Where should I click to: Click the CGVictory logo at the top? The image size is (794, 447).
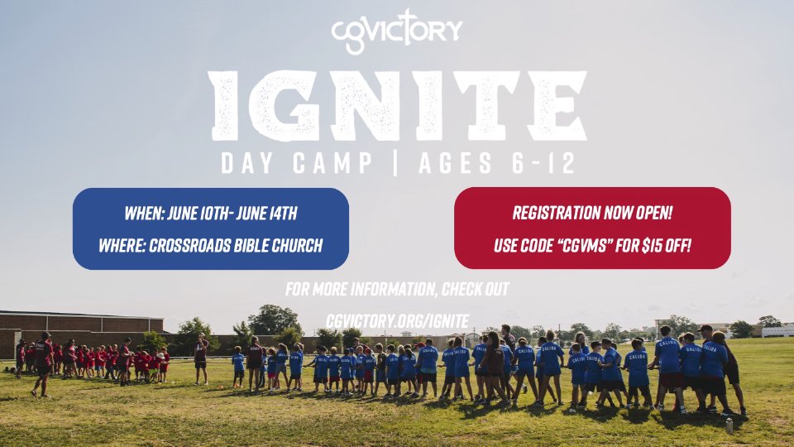[396, 31]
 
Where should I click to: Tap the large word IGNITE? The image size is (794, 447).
[399, 105]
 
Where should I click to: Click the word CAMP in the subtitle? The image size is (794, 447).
[332, 163]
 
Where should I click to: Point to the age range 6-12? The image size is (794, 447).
[543, 163]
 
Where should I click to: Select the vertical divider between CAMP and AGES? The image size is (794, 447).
[395, 163]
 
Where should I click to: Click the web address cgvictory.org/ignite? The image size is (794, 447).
[398, 321]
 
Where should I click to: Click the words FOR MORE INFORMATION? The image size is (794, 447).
[361, 290]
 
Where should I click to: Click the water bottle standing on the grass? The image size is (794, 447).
[729, 425]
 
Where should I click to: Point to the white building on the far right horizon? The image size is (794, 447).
[777, 331]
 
